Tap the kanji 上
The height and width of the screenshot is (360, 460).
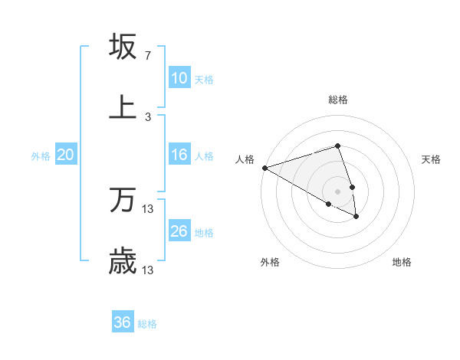click(123, 106)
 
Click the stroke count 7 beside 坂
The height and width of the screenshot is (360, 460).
click(147, 56)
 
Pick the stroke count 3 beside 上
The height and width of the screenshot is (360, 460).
click(147, 116)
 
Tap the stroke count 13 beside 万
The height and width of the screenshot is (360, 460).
click(148, 208)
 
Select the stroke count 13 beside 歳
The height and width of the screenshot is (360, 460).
click(148, 270)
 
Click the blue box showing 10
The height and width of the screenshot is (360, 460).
click(179, 78)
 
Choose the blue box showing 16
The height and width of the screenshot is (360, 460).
click(179, 155)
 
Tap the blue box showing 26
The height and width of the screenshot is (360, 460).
click(179, 231)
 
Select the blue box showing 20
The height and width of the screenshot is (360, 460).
click(66, 155)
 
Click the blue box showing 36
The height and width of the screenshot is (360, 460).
click(123, 322)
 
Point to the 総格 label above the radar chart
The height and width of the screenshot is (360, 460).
click(338, 100)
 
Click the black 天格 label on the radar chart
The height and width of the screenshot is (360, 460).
click(431, 159)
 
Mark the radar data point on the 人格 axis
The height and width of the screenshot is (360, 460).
click(264, 168)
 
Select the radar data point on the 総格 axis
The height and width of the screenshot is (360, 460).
click(337, 146)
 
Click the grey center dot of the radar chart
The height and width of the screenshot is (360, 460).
click(337, 191)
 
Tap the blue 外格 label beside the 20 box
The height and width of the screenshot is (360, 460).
click(41, 155)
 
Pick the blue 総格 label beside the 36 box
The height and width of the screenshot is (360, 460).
click(147, 324)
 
